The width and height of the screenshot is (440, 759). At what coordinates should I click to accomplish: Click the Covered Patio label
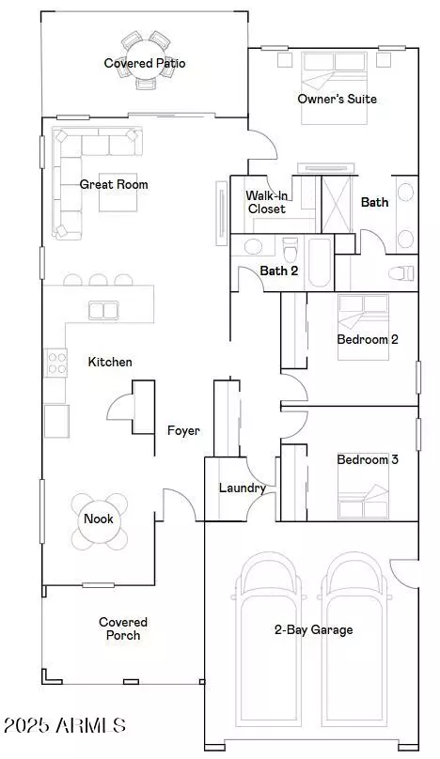145,64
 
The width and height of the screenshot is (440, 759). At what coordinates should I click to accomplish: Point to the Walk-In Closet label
266,202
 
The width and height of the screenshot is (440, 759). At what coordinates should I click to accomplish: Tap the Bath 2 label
279,271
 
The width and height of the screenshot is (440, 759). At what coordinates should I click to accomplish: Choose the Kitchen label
110,362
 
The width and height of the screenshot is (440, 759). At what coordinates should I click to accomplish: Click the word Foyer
182,431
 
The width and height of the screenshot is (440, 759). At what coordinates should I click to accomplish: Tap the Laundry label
242,488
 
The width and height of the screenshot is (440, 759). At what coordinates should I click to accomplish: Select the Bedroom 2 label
368,339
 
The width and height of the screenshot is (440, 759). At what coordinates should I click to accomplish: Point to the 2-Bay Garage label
314,629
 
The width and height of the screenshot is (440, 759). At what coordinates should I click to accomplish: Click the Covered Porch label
123,628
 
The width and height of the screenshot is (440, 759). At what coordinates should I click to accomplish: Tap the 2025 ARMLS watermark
64,725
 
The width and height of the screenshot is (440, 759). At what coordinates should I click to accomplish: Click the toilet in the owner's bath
402,274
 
